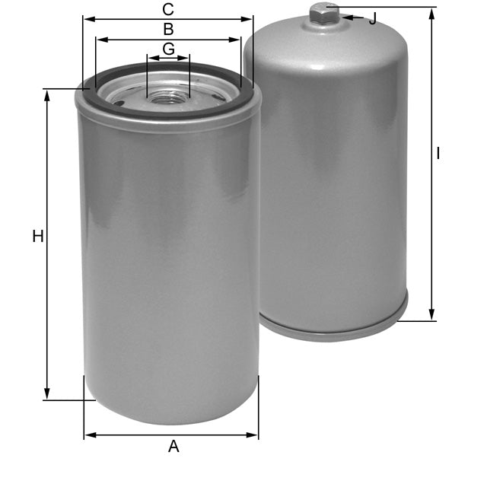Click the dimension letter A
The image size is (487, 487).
tap(173, 447)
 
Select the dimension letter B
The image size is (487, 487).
tap(168, 30)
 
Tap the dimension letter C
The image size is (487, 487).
tap(168, 10)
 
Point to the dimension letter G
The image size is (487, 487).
tap(168, 49)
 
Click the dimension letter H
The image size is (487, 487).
tap(37, 237)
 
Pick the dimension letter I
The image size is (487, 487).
tap(438, 154)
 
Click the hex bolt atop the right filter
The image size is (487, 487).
tap(324, 12)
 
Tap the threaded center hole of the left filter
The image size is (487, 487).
tap(169, 97)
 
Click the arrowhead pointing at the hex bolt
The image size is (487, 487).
tap(345, 16)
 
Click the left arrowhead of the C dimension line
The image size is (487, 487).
tap(88, 20)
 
